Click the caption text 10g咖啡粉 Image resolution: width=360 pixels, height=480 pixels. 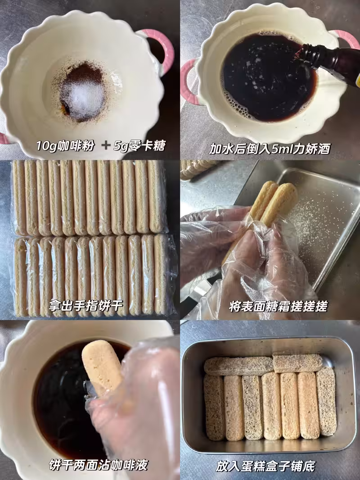(65, 146)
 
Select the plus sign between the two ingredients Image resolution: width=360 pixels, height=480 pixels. (105, 145)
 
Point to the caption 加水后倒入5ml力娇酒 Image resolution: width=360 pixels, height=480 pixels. (270, 149)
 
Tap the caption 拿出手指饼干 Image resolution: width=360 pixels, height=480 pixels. (85, 305)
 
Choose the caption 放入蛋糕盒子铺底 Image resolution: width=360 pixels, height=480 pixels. (265, 466)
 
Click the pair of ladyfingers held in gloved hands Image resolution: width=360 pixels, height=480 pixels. (269, 204)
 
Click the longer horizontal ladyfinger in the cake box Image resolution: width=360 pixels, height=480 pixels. (238, 366)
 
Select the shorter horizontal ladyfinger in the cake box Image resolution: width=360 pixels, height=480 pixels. (297, 363)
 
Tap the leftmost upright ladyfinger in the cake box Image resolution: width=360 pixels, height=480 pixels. (214, 407)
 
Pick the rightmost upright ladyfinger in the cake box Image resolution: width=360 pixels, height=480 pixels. (326, 401)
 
